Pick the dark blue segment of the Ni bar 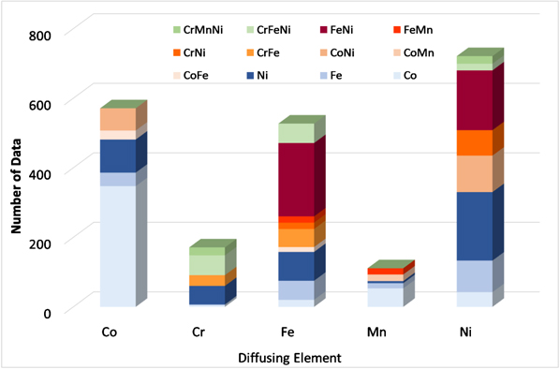474,226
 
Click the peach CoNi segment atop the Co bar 118,120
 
